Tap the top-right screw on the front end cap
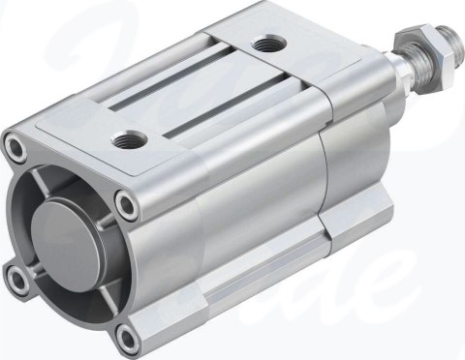(127, 203)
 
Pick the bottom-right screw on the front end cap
(122, 335)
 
